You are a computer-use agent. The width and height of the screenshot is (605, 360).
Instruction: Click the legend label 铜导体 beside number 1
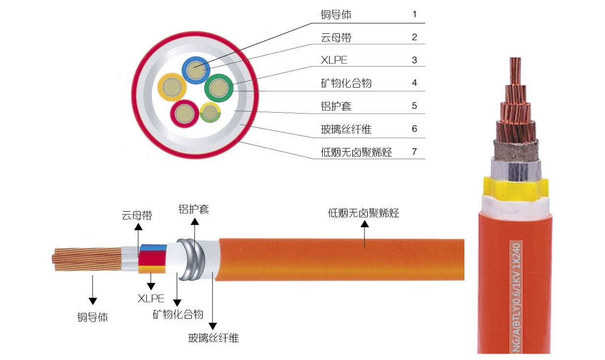point(336,15)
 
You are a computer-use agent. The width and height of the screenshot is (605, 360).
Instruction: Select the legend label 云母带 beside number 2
point(336,37)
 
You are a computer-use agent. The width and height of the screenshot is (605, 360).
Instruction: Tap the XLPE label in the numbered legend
point(334,60)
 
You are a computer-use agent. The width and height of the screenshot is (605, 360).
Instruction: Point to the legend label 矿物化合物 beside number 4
point(346,83)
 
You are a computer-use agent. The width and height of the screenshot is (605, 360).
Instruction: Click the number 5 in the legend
point(414,106)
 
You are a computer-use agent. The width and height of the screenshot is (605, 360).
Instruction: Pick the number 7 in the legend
point(414,151)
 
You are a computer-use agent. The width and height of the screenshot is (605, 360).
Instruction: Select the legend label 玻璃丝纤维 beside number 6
point(346,129)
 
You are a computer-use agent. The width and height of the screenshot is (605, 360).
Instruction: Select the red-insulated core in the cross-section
point(184,113)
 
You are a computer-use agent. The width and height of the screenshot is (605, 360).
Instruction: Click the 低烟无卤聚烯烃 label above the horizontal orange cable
point(363,214)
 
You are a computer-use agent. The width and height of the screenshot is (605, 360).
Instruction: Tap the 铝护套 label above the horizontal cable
point(194,209)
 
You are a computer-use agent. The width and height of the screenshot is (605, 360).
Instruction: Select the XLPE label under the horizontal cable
point(151,298)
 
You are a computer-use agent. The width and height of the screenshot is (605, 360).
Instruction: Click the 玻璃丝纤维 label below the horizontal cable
point(214,338)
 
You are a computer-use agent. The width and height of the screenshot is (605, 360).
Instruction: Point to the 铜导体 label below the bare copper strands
point(92,317)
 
